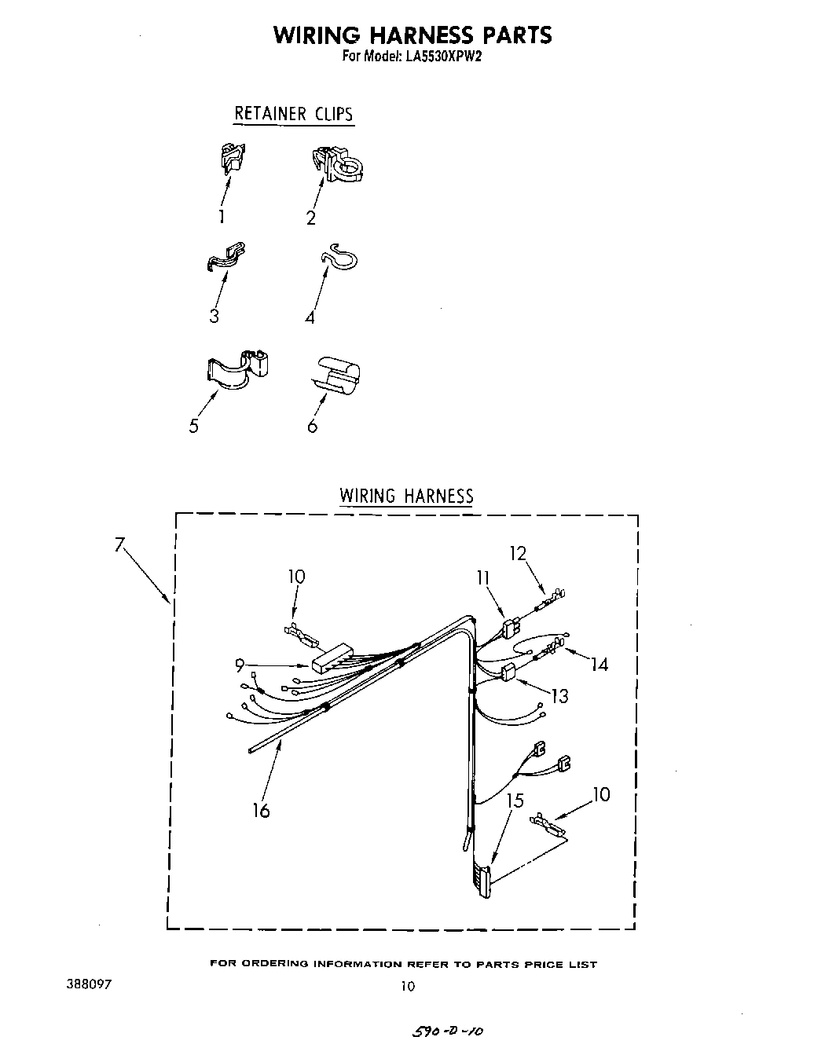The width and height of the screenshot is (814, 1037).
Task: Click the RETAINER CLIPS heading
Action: click(293, 114)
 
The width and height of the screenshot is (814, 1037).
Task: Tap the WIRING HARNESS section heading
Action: click(406, 496)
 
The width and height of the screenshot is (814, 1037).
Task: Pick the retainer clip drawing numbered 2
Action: click(337, 163)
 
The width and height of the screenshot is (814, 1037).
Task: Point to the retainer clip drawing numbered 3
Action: click(225, 257)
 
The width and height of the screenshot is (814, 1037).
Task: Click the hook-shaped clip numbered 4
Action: click(339, 258)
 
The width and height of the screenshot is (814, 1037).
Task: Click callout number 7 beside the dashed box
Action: click(119, 544)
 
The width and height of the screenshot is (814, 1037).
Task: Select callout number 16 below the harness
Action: click(261, 810)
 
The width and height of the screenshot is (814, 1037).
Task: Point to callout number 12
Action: click(518, 553)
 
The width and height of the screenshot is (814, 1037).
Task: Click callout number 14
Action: click(599, 665)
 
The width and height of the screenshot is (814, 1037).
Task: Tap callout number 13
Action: click(559, 695)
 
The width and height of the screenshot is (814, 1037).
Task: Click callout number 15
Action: click(515, 801)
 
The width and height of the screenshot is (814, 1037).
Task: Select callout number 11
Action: click(482, 577)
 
